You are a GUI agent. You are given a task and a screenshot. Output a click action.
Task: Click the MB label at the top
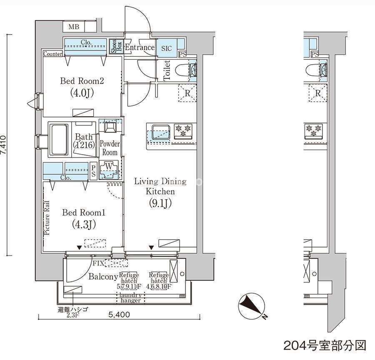(x=74, y=27)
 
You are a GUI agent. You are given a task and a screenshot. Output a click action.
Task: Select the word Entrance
(x=140, y=47)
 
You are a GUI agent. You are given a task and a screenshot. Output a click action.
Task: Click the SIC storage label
(x=166, y=48)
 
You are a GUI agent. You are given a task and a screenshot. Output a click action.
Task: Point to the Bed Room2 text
(x=82, y=81)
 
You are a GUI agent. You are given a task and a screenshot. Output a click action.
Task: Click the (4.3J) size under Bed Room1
(x=84, y=224)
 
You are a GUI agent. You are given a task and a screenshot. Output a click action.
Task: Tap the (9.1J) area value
(x=160, y=203)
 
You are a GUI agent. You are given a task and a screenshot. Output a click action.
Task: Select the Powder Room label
(x=110, y=148)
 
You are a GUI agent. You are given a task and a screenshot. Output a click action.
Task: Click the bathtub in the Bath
(x=59, y=140)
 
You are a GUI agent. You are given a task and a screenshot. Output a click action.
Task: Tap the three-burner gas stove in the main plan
(x=183, y=131)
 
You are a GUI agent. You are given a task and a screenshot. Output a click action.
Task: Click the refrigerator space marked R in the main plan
(x=187, y=93)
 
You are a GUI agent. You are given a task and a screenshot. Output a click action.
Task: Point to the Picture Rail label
(x=47, y=217)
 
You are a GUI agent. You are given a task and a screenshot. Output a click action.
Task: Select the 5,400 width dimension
(x=119, y=314)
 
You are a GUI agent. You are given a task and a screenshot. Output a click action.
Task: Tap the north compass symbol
(x=252, y=306)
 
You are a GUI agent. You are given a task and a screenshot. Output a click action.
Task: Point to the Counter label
(x=53, y=54)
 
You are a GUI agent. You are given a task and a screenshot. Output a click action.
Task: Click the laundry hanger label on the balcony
(x=130, y=298)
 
